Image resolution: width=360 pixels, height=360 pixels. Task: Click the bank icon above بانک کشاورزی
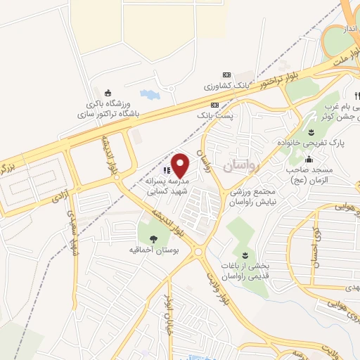point(226,75)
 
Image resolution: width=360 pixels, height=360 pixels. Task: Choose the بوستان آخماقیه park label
point(153,250)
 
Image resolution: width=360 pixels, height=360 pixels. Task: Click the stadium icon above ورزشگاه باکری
point(108,92)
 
